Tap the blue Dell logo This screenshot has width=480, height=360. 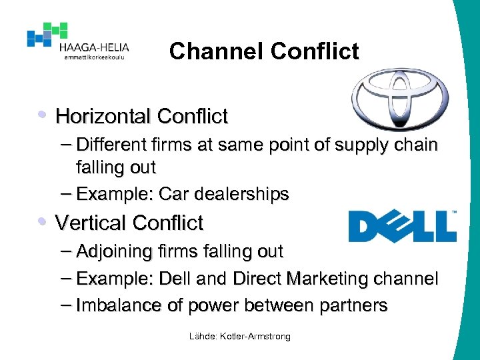tap(402, 226)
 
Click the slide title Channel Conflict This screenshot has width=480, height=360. tap(264, 51)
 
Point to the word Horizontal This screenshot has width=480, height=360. tap(103, 117)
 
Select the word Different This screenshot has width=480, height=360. tap(114, 144)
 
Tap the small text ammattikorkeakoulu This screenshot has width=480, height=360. tap(93, 58)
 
